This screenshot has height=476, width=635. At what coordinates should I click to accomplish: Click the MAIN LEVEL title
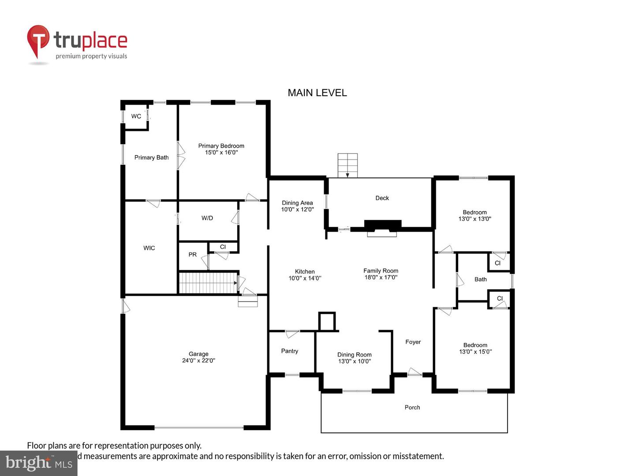[x=317, y=93]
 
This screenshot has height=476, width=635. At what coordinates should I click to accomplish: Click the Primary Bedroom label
[x=221, y=146]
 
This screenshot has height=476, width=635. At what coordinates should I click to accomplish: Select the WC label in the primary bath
[x=136, y=116]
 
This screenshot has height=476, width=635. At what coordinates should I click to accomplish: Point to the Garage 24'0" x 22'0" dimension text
[x=198, y=361]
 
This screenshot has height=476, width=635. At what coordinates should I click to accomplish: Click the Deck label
[x=382, y=198]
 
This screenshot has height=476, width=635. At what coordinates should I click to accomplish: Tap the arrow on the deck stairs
[x=347, y=175]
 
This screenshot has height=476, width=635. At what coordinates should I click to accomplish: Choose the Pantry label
[x=289, y=351]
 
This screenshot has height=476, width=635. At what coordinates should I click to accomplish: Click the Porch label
[x=412, y=408]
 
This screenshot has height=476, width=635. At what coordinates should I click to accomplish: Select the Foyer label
[x=413, y=342]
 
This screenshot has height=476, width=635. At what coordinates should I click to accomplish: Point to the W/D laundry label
[x=207, y=218]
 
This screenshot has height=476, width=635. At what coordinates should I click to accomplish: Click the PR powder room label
[x=192, y=255]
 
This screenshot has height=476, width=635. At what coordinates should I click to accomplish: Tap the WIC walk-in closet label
[x=149, y=248]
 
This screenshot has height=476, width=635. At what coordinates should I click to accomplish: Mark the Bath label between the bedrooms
[x=480, y=279]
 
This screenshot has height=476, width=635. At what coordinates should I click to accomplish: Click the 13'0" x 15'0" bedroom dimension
[x=475, y=352]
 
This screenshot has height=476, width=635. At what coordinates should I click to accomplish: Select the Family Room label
[x=381, y=271]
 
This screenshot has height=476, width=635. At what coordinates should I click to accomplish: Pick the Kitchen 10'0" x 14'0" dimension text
[x=305, y=278]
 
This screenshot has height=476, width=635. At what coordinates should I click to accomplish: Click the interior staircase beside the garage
[x=206, y=283]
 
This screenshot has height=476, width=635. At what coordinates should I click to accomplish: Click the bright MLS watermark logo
[x=39, y=463]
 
